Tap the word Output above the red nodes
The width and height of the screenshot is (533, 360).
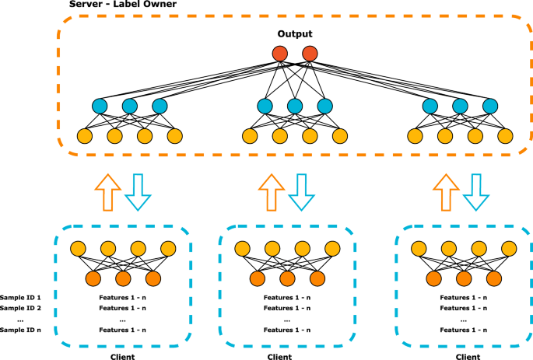295,35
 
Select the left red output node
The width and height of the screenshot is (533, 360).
280,54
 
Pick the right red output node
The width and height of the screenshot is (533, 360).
310,54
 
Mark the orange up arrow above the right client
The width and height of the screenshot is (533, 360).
446,190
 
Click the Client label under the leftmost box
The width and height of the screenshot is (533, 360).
120,355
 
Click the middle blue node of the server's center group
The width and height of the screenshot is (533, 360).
295,107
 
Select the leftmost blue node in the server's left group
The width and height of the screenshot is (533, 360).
99,107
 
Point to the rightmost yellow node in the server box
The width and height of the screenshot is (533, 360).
507,137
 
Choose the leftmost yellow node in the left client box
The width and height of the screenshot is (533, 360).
76,250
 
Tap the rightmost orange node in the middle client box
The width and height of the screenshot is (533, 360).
317,278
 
